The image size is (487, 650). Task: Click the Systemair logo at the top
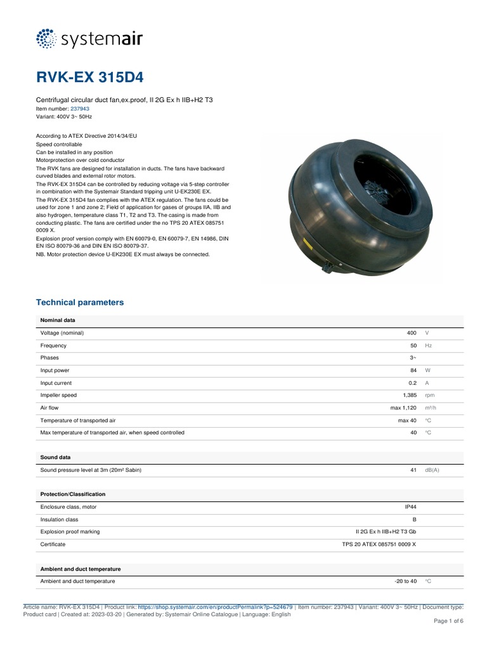point(89,39)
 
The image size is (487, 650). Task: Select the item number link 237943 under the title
point(79,109)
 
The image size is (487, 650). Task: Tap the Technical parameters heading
point(80,303)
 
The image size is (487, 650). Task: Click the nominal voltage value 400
point(412,333)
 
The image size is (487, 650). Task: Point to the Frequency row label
point(53,346)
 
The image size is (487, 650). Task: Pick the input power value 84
point(413,371)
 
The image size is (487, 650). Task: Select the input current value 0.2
point(413,383)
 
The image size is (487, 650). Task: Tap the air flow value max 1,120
point(403,408)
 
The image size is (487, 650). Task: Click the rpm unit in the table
point(430,395)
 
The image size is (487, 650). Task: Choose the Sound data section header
point(55,457)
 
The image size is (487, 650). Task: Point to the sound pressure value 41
point(413,470)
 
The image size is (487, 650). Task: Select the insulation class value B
point(415,520)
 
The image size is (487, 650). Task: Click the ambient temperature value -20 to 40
point(405,581)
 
